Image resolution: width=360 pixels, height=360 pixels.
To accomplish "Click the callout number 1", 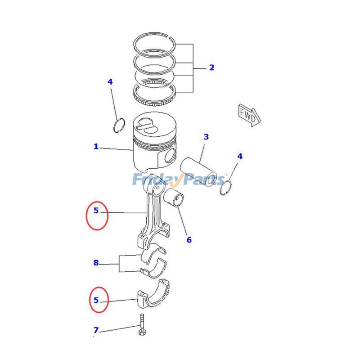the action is [x=96, y=146].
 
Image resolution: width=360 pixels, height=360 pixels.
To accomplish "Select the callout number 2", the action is [x=211, y=68].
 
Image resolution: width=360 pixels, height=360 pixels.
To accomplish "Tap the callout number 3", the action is [x=206, y=137].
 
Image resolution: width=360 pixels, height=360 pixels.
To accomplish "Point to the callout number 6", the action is [x=189, y=240].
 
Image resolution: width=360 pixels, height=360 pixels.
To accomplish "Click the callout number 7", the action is [x=96, y=330].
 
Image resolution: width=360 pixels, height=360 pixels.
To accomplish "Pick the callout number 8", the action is [x=96, y=263].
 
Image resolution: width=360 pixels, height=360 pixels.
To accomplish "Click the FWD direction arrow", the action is [x=249, y=115].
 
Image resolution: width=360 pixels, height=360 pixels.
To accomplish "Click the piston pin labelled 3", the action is [x=198, y=171].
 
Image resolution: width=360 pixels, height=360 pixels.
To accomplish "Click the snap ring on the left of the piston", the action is [x=119, y=125].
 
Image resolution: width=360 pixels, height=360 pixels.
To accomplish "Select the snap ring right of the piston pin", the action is [x=226, y=188].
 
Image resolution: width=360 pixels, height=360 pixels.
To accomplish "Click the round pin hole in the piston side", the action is [x=170, y=157].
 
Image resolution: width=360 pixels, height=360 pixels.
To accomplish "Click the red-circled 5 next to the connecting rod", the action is [x=97, y=211].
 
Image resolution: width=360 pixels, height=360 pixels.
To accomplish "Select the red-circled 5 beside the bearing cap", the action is [x=97, y=300].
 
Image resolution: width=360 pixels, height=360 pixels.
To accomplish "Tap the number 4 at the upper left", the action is [x=110, y=82].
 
